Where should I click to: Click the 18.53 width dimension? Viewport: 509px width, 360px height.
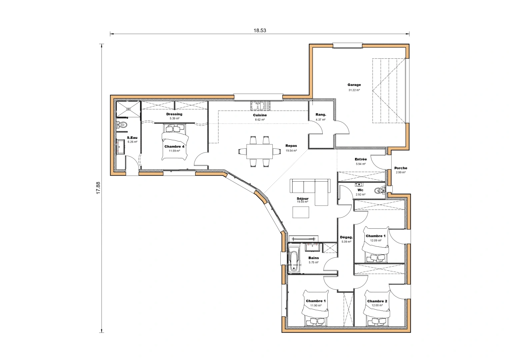tap(260, 30)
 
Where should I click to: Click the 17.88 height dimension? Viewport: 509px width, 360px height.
tap(98, 188)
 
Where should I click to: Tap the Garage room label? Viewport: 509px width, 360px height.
tap(354, 85)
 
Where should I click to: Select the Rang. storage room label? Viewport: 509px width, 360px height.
tap(321, 115)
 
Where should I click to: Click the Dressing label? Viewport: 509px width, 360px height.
tap(174, 114)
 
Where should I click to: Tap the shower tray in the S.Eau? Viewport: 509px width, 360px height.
tap(128, 109)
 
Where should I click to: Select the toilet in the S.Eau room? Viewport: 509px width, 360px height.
tap(122, 125)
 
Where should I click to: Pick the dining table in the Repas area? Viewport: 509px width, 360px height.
tap(259, 151)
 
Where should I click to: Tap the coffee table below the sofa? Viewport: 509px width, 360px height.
tap(301, 212)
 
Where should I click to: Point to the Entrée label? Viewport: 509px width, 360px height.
tap(361, 159)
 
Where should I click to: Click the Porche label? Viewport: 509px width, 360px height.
tap(401, 168)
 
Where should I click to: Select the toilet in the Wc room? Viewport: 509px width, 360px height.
tap(379, 191)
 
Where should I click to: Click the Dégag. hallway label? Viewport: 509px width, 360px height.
tap(346, 237)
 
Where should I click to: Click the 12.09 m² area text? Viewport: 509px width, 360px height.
tap(375, 240)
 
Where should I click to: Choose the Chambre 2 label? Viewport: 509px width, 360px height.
tap(377, 301)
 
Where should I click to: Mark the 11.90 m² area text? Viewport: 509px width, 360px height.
tap(316, 305)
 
